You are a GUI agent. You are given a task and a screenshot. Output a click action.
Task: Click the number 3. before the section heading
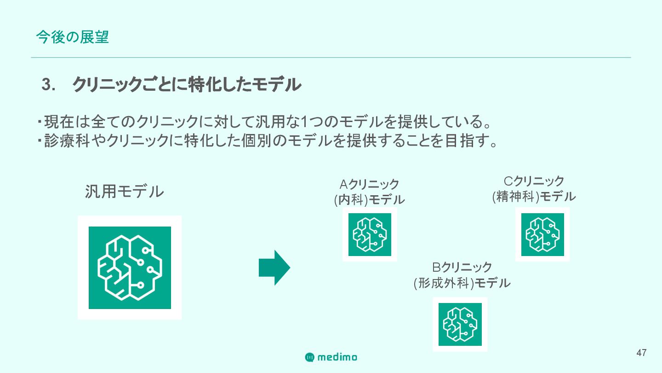tap(48, 85)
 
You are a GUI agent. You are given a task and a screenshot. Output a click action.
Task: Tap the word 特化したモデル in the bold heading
tap(245, 85)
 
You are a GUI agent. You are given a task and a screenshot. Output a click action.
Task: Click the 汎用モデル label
tap(124, 192)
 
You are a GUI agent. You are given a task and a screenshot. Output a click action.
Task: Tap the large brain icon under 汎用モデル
tap(130, 268)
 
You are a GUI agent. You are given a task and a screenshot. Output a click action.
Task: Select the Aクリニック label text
tap(369, 184)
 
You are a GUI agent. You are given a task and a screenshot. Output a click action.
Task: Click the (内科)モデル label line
tap(369, 200)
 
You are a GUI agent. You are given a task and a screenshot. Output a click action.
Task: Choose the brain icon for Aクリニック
tap(370, 234)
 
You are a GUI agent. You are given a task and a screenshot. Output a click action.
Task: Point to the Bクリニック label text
tap(462, 267)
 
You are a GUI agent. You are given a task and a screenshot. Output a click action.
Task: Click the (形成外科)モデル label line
tap(462, 283)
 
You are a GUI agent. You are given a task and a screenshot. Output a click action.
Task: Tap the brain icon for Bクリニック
tap(460, 324)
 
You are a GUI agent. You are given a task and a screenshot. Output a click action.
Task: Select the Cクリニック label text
tap(534, 181)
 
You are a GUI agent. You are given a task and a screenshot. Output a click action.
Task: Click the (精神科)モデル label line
tap(534, 197)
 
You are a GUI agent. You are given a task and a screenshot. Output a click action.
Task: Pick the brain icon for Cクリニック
tap(542, 234)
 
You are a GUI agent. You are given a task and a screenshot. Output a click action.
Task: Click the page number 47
tap(641, 353)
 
